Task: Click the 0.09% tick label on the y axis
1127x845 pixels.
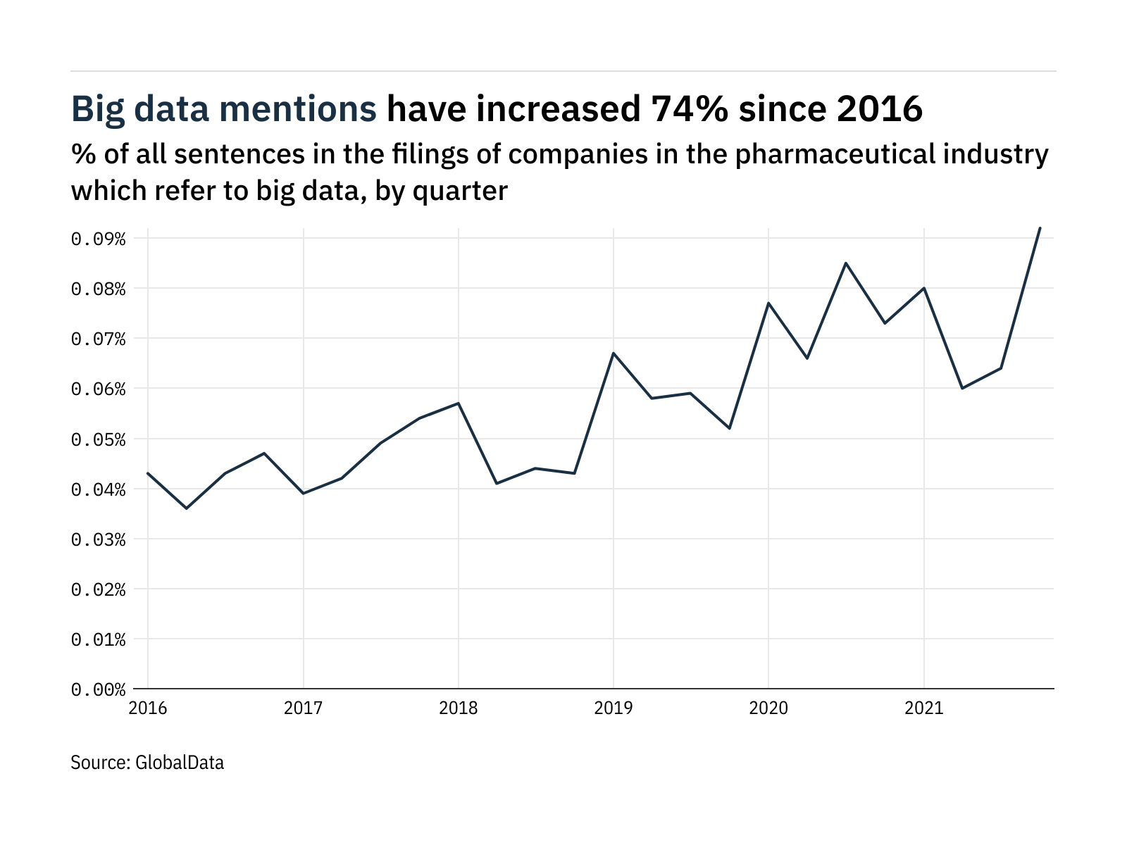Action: coord(98,239)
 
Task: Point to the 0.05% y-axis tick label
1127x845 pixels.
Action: coord(98,439)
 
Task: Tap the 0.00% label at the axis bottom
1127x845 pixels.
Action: coord(98,689)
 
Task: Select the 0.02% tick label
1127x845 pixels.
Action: coord(98,589)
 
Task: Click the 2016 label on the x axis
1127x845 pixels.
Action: coord(148,708)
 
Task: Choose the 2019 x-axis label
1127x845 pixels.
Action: coord(614,708)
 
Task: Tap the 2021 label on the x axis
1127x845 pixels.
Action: coord(923,708)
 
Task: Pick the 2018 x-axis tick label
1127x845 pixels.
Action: coord(459,708)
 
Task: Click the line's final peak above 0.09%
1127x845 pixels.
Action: coord(1040,228)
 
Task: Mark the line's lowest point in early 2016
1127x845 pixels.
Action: coord(187,508)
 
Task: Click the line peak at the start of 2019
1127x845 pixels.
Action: coord(614,353)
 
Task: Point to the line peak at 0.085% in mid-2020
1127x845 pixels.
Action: coord(846,263)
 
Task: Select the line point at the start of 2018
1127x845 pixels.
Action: coord(459,403)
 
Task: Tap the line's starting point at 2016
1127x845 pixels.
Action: coord(148,473)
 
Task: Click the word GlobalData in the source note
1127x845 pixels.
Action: coord(179,762)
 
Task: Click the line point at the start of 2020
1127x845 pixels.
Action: coord(768,303)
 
